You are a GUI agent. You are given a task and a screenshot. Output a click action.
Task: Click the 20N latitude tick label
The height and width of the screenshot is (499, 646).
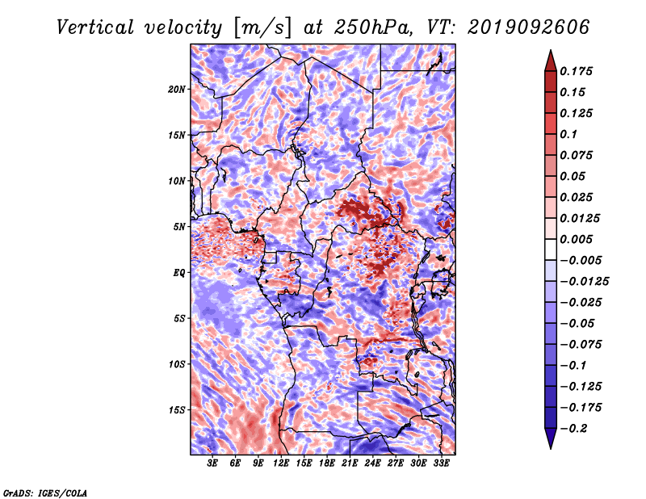click(x=177, y=90)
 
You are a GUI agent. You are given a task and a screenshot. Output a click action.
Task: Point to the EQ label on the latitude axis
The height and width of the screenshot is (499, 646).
click(x=179, y=273)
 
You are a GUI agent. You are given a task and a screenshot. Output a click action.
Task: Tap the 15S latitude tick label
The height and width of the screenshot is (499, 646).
click(x=177, y=410)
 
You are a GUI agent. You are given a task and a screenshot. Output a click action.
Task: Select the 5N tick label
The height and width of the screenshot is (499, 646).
click(x=179, y=227)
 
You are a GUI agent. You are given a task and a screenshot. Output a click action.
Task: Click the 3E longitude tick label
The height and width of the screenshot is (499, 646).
click(x=212, y=463)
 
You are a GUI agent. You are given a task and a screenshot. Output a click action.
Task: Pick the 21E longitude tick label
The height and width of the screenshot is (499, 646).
click(x=350, y=463)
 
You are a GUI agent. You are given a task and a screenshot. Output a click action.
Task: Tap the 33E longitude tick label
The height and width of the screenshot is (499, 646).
click(x=441, y=463)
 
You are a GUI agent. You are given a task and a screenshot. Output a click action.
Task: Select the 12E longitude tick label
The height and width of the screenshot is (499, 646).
click(x=281, y=463)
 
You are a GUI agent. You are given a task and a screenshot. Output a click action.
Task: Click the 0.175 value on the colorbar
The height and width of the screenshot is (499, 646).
click(x=576, y=71)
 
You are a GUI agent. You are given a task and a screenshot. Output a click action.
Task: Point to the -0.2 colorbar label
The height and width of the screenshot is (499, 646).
click(x=573, y=429)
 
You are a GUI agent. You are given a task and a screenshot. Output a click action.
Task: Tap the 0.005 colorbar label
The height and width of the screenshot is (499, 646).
click(x=576, y=239)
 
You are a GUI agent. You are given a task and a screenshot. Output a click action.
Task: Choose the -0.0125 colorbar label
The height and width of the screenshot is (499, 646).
click(x=584, y=282)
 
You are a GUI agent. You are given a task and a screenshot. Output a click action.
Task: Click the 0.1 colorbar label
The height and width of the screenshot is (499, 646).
click(x=568, y=134)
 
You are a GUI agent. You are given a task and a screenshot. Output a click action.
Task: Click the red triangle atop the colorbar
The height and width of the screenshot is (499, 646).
click(x=551, y=61)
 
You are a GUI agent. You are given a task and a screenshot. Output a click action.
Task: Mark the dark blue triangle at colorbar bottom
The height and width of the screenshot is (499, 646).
click(x=551, y=438)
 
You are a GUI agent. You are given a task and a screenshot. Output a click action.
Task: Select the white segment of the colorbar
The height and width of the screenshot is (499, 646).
click(x=551, y=249)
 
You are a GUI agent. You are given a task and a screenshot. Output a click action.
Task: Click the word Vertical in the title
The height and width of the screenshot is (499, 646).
click(x=95, y=27)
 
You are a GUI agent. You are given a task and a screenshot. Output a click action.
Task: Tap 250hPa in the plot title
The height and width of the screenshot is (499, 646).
click(x=373, y=27)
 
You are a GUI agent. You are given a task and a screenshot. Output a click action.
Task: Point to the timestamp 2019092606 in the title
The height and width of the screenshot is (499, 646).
click(x=529, y=27)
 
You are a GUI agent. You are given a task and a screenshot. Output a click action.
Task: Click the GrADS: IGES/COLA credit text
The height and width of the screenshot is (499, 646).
click(x=45, y=493)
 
